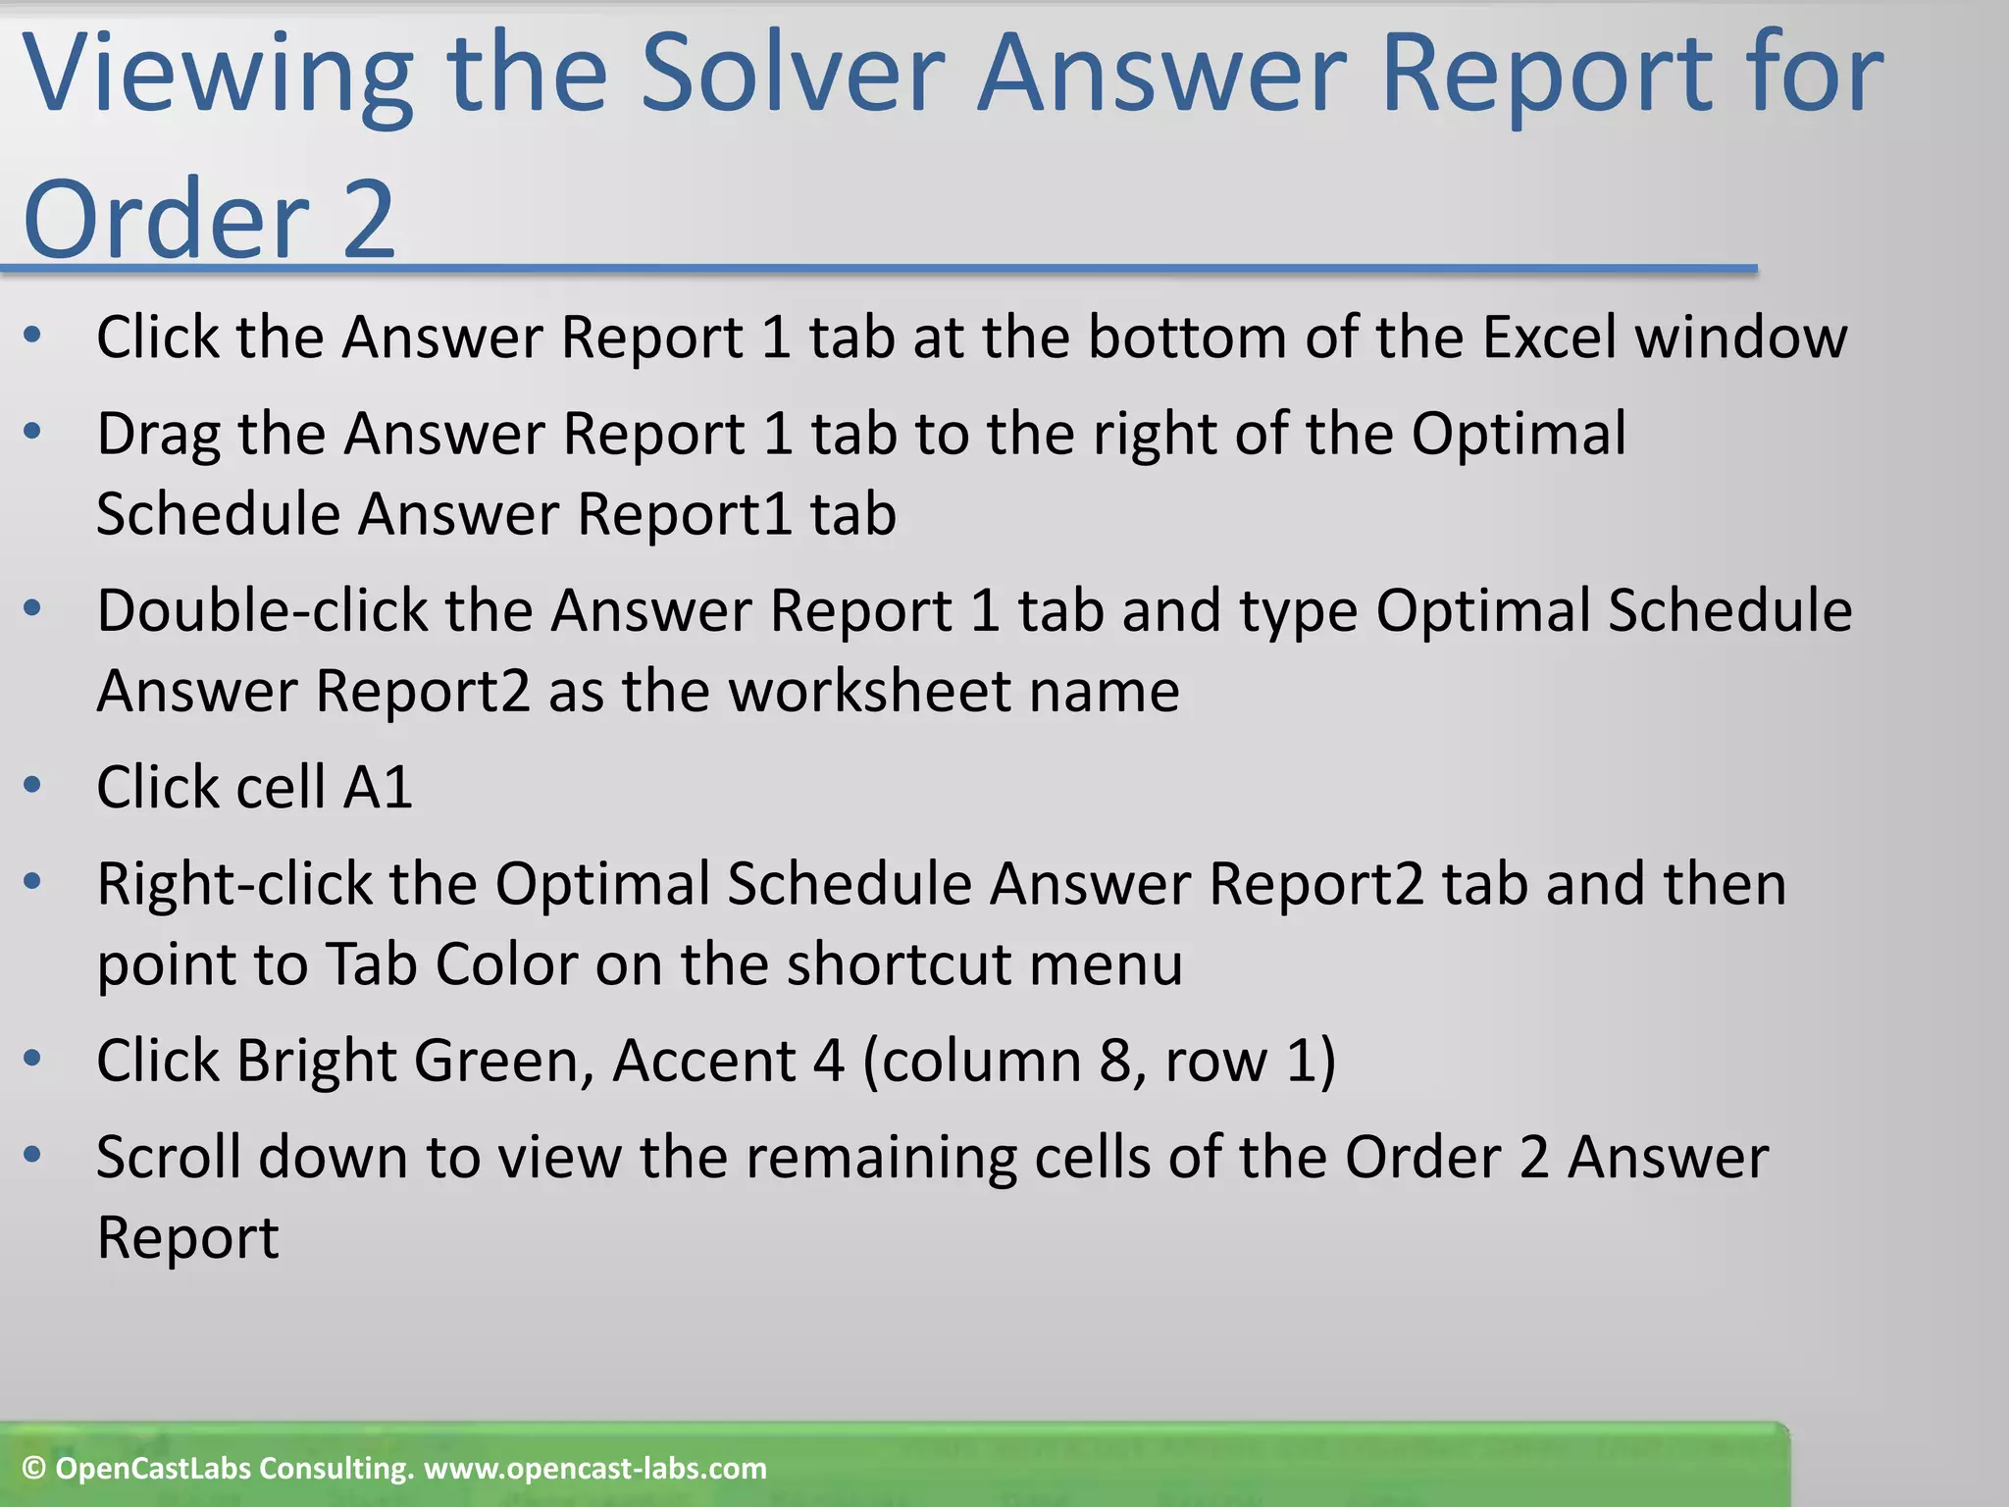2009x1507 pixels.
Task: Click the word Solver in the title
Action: (793, 74)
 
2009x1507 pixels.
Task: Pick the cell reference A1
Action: (378, 788)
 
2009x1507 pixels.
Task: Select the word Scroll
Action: (169, 1158)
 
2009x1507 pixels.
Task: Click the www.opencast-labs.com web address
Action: (595, 1469)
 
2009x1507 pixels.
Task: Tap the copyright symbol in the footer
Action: (34, 1469)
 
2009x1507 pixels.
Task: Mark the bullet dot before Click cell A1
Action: (32, 785)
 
